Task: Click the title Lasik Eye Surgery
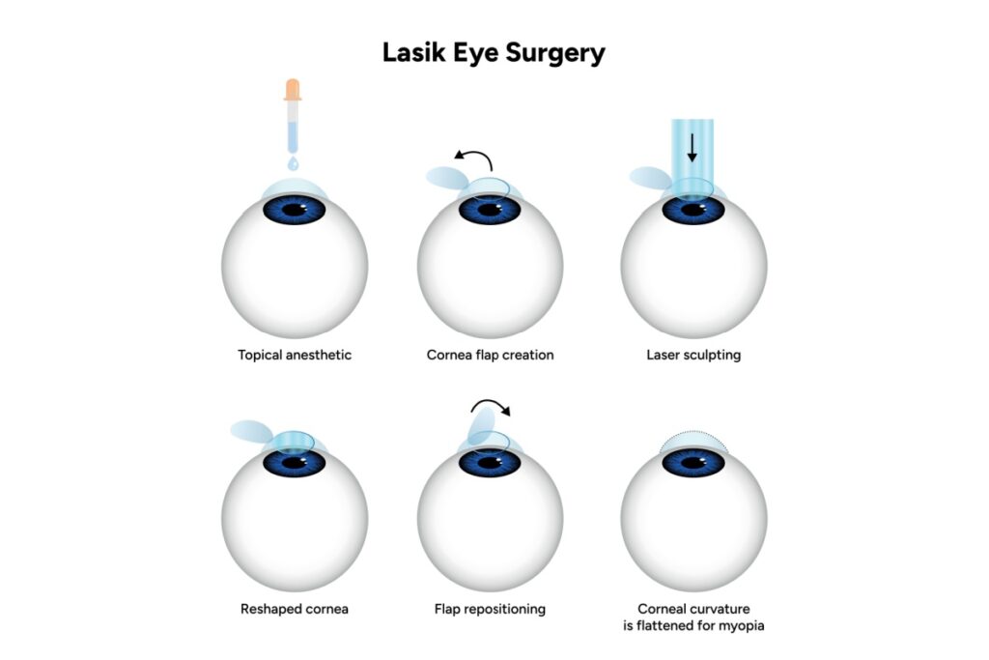point(494,52)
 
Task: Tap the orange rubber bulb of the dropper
point(293,90)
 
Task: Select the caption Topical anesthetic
point(295,355)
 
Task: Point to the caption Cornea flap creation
point(490,355)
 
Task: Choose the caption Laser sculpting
point(693,355)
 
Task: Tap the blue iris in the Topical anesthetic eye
point(295,210)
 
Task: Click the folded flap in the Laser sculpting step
point(650,178)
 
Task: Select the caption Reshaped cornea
point(294,609)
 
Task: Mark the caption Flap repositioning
point(490,609)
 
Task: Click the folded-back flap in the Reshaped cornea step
point(253,431)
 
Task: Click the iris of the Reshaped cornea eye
point(295,463)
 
